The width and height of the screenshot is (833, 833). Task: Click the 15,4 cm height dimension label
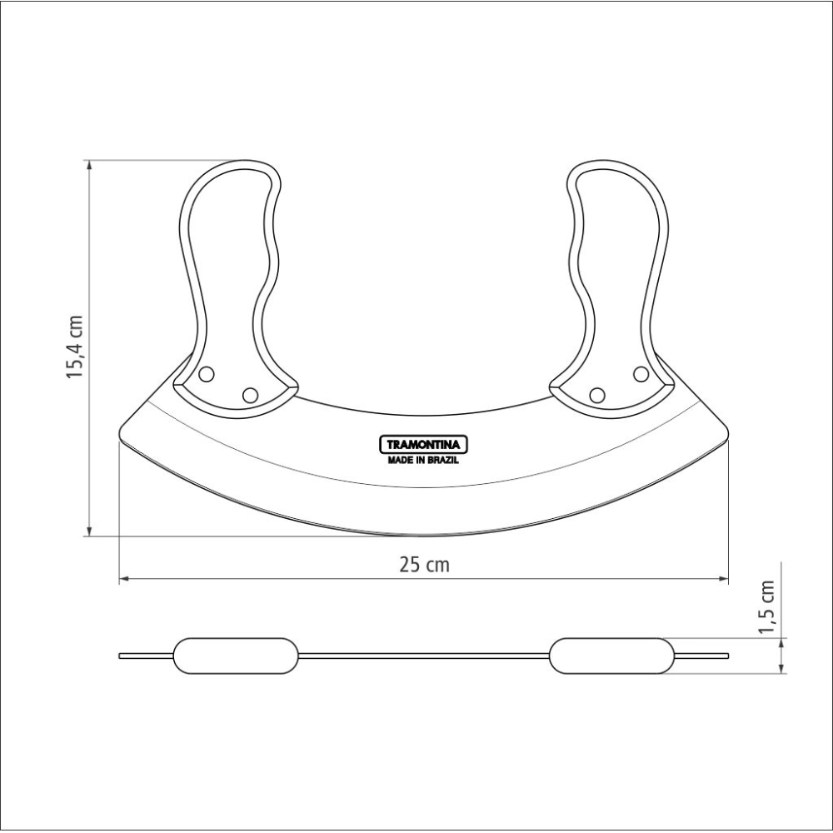(75, 347)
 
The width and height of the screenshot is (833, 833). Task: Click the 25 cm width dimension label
(424, 565)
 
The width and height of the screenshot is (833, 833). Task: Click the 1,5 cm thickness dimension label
(766, 606)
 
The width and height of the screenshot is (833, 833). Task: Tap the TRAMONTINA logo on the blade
(423, 445)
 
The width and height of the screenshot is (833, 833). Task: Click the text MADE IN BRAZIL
(423, 461)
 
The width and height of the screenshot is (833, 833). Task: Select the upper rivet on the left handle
(206, 374)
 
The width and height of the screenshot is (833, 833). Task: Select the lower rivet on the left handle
(250, 395)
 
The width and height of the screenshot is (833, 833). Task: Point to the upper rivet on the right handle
(641, 374)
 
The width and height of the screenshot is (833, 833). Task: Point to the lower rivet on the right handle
(597, 395)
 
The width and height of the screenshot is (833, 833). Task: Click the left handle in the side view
(236, 656)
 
